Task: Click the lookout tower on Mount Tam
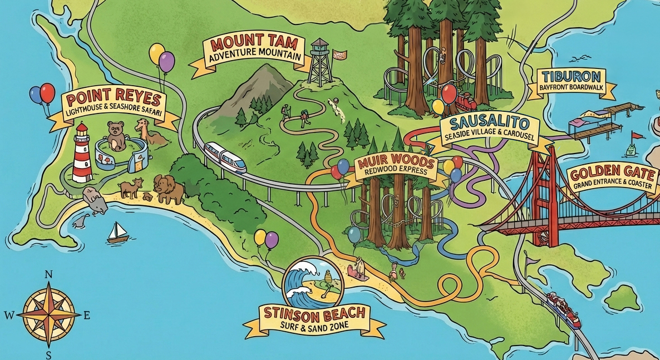(x=319, y=61)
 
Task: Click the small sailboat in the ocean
(x=117, y=232)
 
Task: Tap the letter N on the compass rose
(x=48, y=274)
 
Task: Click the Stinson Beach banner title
(x=315, y=313)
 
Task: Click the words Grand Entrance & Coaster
(x=614, y=185)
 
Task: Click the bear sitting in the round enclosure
(x=116, y=135)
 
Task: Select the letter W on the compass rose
(x=9, y=315)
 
